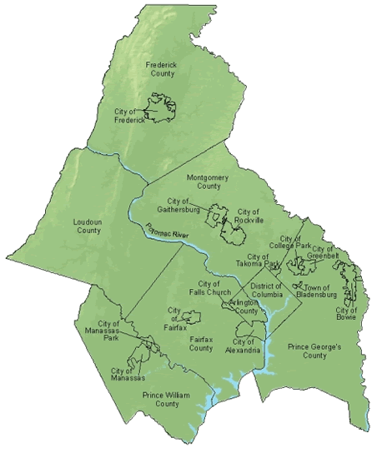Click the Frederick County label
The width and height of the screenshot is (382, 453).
pyautogui.click(x=161, y=68)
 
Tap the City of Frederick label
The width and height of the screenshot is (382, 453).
pyautogui.click(x=131, y=115)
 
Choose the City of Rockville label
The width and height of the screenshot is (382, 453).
pyautogui.click(x=249, y=217)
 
